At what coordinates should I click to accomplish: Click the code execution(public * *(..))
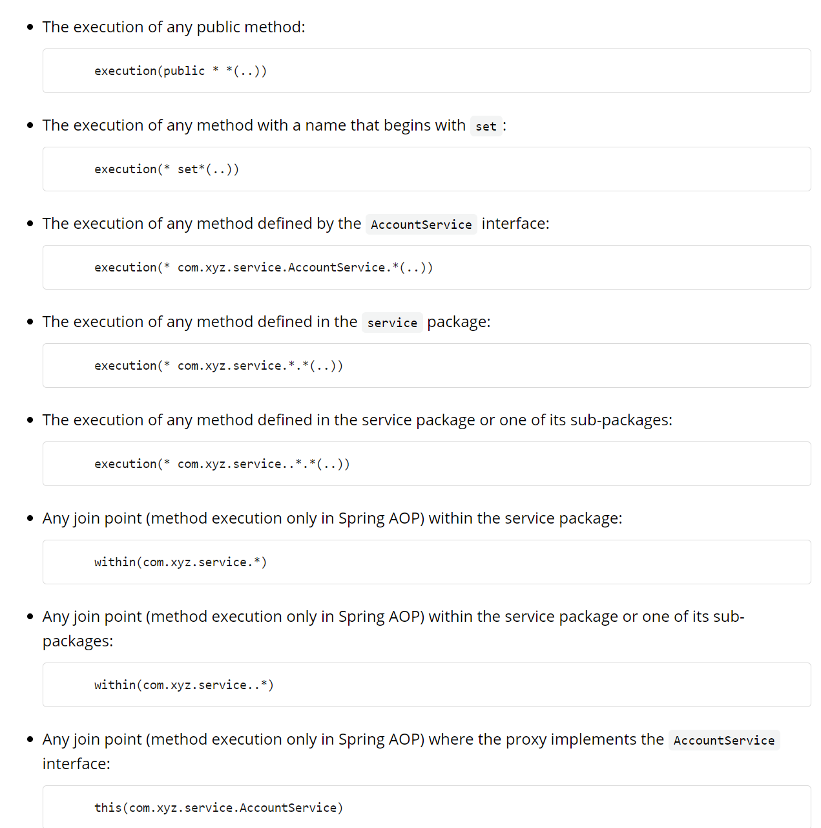(180, 71)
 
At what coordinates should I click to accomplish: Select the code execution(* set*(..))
(167, 169)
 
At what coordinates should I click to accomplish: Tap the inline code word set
(486, 127)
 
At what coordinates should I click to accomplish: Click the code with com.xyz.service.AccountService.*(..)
(264, 268)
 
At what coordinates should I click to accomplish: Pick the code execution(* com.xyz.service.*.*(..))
(218, 366)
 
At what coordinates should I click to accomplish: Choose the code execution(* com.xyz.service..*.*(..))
(222, 464)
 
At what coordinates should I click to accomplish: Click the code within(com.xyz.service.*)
(180, 562)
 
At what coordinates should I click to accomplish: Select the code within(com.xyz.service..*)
(183, 685)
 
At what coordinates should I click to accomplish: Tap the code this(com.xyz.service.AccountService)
(218, 808)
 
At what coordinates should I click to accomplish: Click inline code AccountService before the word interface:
(421, 225)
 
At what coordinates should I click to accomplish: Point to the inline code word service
(392, 323)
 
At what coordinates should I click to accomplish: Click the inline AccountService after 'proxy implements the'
(723, 741)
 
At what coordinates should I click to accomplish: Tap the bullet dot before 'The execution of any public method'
(30, 27)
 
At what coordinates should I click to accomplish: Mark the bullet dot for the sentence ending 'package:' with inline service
(30, 322)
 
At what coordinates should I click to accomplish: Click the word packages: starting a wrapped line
(78, 641)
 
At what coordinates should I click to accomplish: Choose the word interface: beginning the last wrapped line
(76, 764)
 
